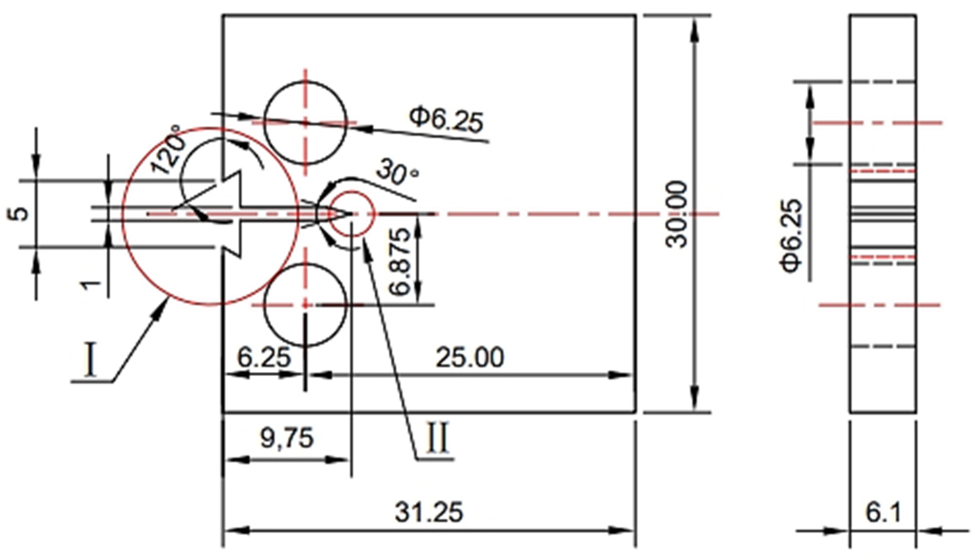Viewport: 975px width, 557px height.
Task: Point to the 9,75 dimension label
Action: click(x=287, y=438)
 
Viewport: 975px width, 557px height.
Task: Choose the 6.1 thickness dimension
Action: click(x=883, y=512)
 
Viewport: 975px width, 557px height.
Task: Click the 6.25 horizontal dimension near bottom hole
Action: click(x=264, y=358)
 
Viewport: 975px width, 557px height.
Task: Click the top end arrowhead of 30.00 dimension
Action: click(x=695, y=29)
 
